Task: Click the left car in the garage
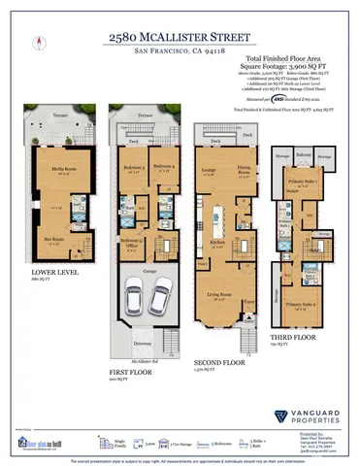pyautogui.click(x=138, y=294)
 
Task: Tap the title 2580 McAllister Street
pyautogui.click(x=180, y=36)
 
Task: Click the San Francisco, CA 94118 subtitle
pyautogui.click(x=180, y=49)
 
